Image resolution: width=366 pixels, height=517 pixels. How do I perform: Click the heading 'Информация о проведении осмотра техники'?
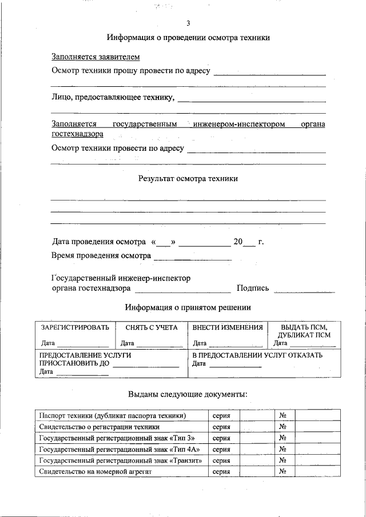pyautogui.click(x=188, y=38)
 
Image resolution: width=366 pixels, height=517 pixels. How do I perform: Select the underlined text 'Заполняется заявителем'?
pyautogui.click(x=96, y=57)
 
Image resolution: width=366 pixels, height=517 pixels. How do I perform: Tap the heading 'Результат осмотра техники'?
pyautogui.click(x=188, y=178)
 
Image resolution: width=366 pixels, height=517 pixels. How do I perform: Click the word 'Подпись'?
pyautogui.click(x=252, y=288)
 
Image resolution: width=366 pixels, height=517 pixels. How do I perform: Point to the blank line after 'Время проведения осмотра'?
pyautogui.click(x=192, y=259)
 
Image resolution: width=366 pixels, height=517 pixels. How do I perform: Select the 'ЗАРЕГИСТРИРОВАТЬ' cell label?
pyautogui.click(x=74, y=328)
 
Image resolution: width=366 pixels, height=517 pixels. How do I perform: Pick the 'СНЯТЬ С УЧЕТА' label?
pyautogui.click(x=152, y=328)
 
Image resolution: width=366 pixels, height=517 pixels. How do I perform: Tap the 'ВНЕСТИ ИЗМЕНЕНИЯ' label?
pyautogui.click(x=228, y=328)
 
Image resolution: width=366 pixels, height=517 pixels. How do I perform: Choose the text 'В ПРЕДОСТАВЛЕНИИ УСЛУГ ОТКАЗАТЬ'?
pyautogui.click(x=257, y=355)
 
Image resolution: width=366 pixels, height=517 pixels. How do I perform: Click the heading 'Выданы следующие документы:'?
pyautogui.click(x=188, y=394)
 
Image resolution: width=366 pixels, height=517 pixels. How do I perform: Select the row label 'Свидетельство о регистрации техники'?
pyautogui.click(x=99, y=427)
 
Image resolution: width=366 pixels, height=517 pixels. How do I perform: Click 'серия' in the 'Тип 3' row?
pyautogui.click(x=221, y=438)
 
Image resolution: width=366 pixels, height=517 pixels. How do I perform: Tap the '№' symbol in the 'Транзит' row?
pyautogui.click(x=282, y=460)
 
